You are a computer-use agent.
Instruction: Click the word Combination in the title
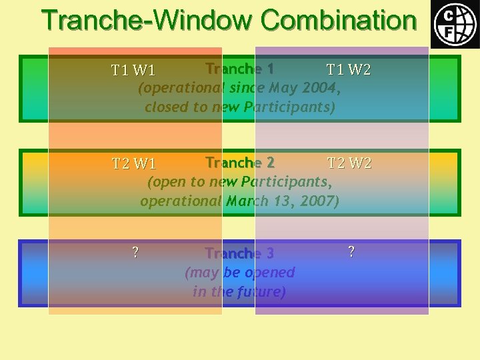(338, 20)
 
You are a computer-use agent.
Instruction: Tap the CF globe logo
(455, 24)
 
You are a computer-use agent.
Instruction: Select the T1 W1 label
(133, 70)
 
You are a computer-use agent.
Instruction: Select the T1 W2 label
(349, 69)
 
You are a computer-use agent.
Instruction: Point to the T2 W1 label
(133, 164)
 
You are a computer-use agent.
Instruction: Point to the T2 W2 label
(349, 163)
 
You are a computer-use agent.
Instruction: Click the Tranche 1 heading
(240, 69)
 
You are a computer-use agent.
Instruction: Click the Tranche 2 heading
(240, 163)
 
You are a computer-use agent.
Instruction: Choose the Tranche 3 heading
(239, 253)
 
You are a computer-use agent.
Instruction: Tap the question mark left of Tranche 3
(135, 252)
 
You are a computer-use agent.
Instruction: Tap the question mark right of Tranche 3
(351, 251)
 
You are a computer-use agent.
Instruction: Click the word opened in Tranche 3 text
(269, 273)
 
